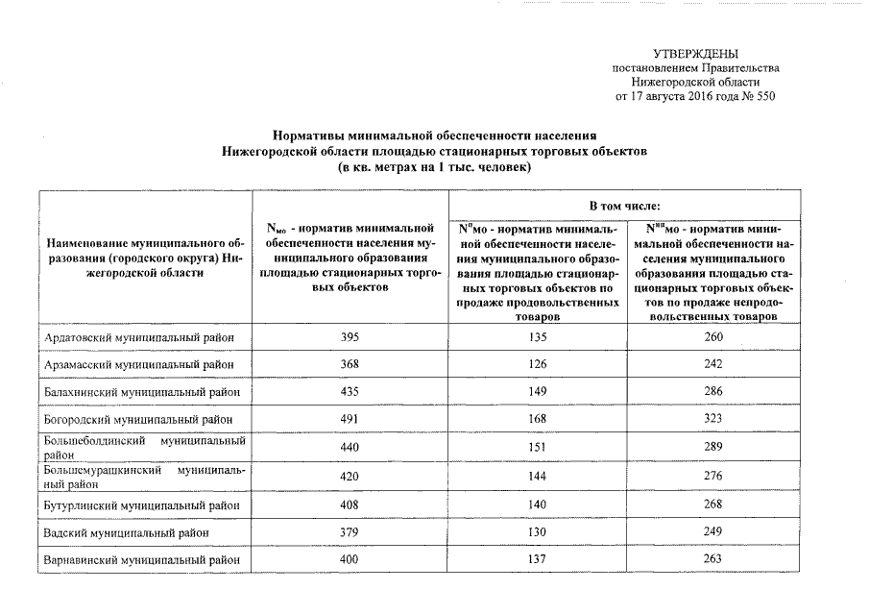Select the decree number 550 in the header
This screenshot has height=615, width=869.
tap(764, 96)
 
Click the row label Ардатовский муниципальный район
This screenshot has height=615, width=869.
tap(139, 337)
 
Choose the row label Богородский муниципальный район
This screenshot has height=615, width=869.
tap(139, 420)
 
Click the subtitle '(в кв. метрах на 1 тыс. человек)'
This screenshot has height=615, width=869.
tap(434, 167)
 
